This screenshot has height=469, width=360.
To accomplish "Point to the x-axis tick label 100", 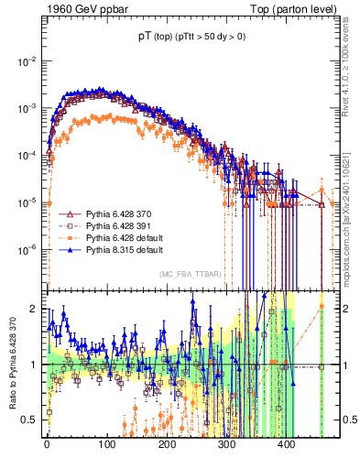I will coord(106,444).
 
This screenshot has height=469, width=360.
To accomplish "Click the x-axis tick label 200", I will coord(167,444).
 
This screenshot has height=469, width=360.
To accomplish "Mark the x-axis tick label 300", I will coord(226,444).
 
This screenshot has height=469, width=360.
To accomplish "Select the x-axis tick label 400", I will coord(286,444).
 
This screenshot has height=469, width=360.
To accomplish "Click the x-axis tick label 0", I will coord(47,444).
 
